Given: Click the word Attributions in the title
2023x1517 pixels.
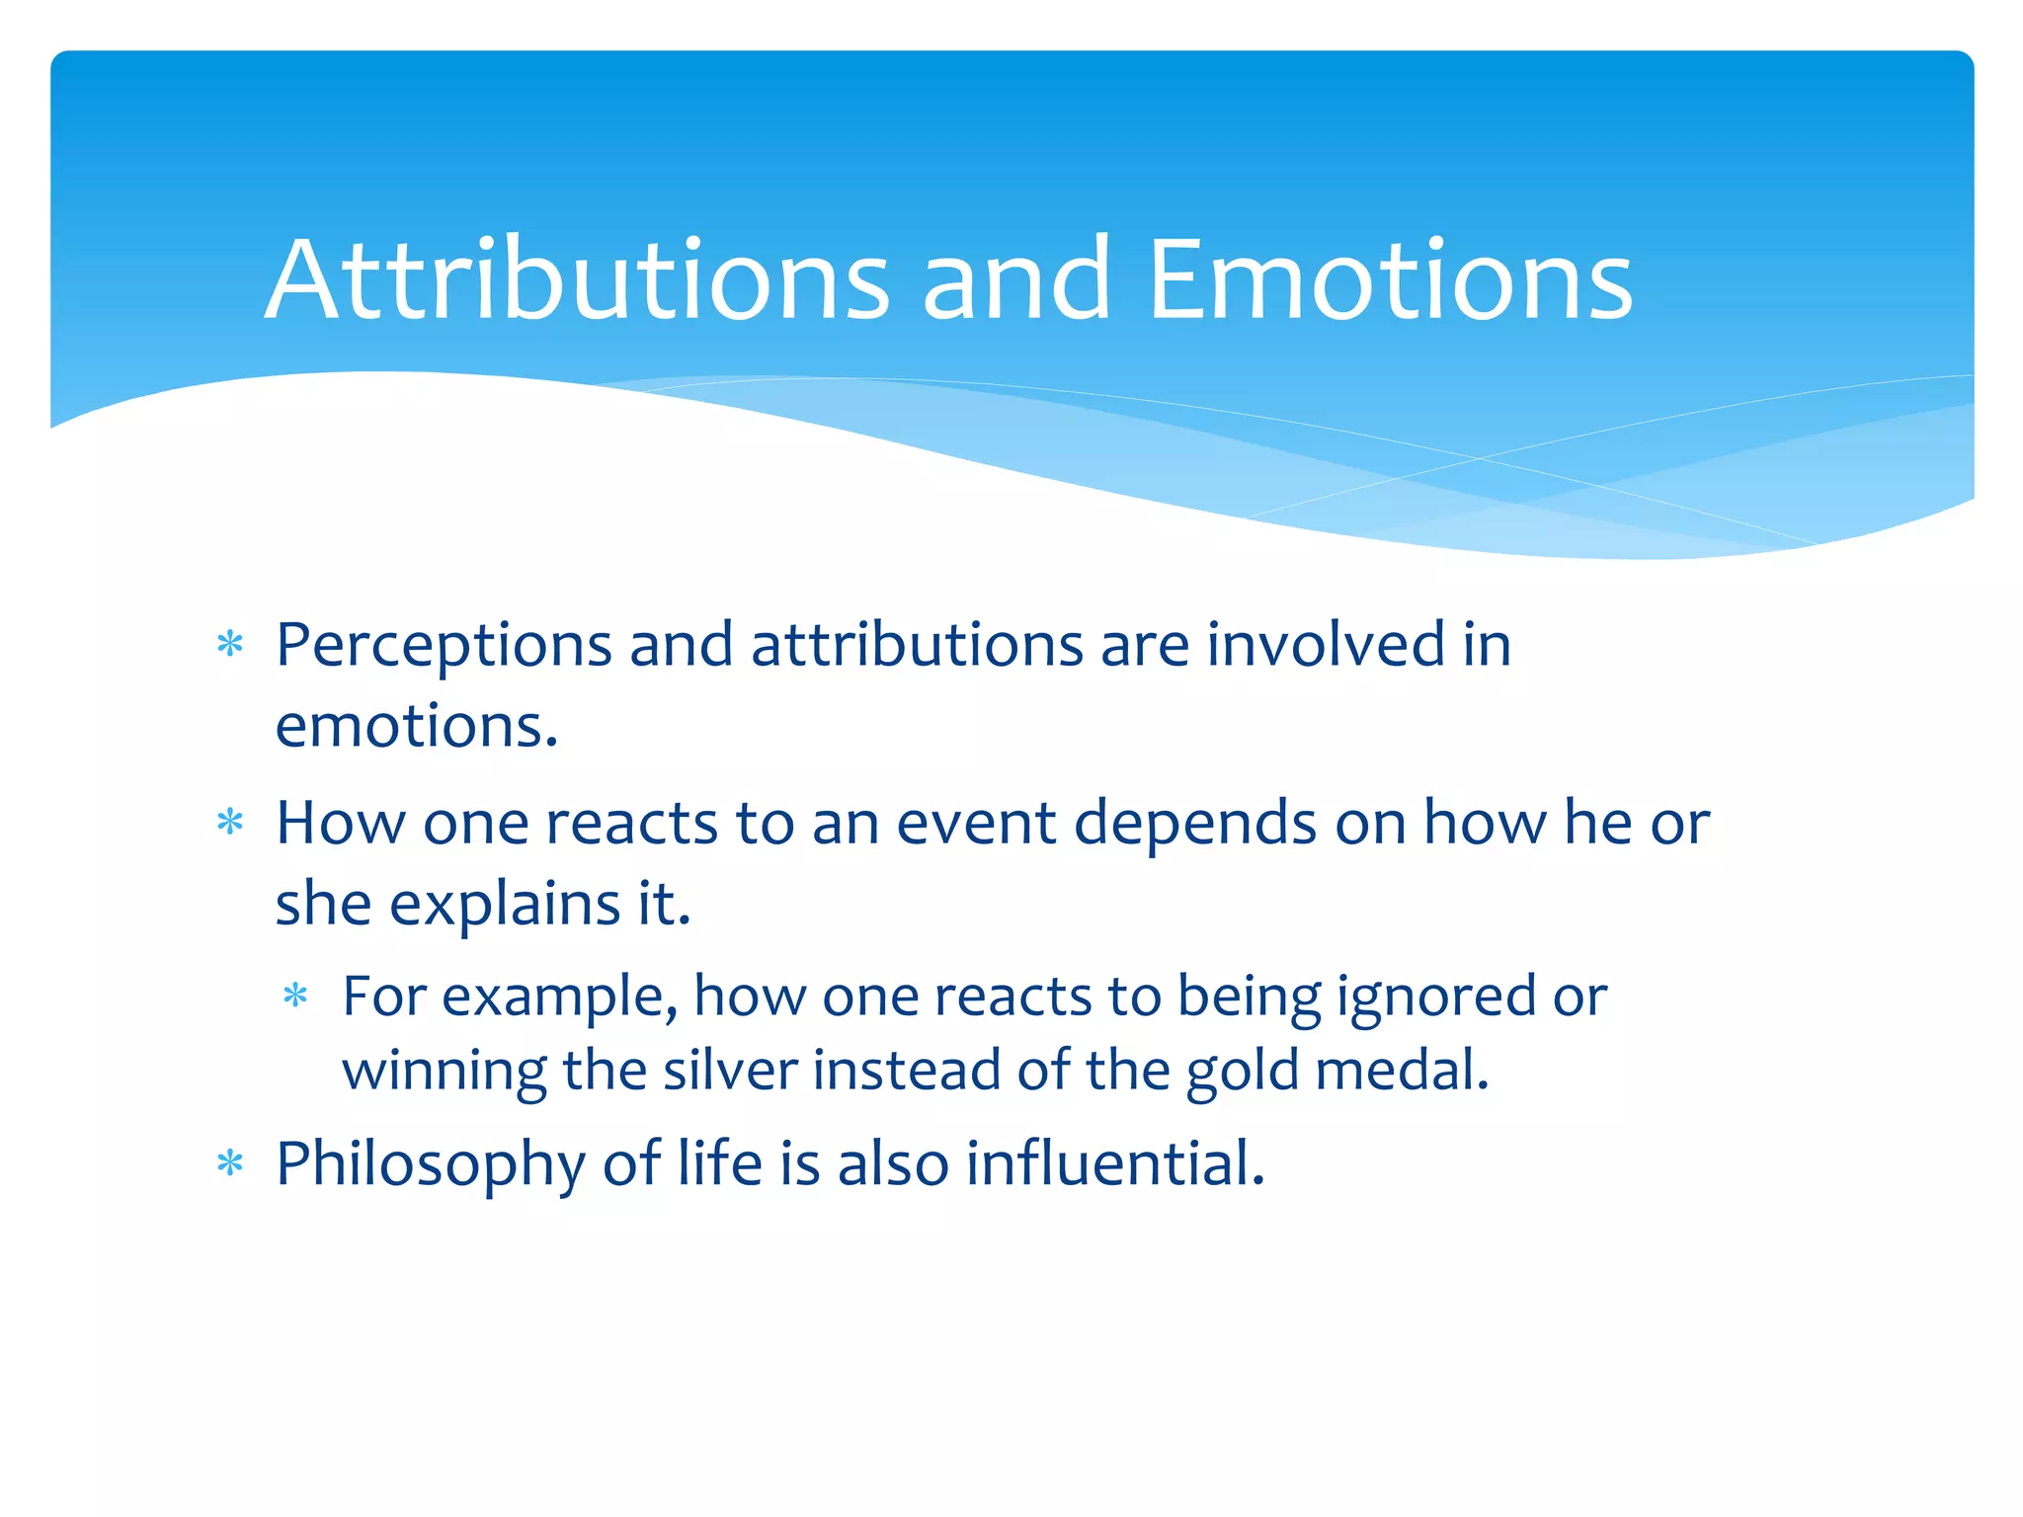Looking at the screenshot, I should pos(578,280).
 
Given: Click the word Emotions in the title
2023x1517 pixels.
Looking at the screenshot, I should pos(1391,280).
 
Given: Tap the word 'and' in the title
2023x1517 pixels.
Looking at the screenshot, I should pos(1017,280).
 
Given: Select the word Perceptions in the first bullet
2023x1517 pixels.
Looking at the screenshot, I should pos(444,647).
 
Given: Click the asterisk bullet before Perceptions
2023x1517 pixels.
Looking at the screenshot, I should pos(230,645).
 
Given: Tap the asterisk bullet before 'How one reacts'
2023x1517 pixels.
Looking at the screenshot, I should pos(230,823).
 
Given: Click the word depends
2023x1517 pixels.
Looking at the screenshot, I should pos(1195,825).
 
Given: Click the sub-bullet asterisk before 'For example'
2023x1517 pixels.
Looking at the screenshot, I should pos(295,996).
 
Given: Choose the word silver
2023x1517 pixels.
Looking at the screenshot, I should pos(730,1071).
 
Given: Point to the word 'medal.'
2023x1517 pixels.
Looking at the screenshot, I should pos(1403,1071).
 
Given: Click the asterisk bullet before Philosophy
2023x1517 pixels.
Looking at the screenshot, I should pos(230,1164).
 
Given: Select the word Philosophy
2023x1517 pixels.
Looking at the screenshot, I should pos(430,1166).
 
